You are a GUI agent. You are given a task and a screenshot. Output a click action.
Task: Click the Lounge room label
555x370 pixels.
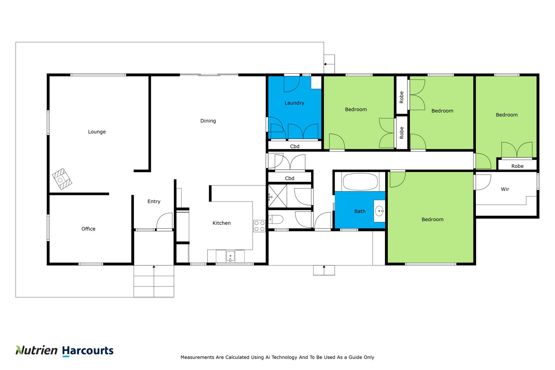coord(97,132)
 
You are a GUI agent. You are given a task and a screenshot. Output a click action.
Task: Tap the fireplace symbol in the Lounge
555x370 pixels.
coord(62,179)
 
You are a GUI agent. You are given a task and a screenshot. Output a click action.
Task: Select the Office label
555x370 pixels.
coord(88,229)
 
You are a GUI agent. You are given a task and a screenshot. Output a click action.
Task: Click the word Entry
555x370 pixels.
coord(154,201)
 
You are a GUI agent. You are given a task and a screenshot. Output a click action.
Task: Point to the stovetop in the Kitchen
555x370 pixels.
coord(259,226)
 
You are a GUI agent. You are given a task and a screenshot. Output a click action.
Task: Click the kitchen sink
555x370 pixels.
coord(230,256)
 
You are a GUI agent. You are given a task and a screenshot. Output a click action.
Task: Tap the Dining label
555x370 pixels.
coord(208,121)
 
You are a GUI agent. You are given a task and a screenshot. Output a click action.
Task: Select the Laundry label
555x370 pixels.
coord(294,103)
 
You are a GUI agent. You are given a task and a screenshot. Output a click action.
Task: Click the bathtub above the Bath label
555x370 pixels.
coord(360,182)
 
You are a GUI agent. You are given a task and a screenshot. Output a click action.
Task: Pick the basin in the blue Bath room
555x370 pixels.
coord(380,211)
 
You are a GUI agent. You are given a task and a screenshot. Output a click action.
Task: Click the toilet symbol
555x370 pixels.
coord(276,219)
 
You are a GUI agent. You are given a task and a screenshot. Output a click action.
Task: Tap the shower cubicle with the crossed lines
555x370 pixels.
coord(277,196)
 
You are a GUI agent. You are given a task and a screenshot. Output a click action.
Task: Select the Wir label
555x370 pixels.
coord(505,189)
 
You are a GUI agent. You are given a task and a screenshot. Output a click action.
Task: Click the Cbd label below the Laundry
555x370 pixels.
coord(295,147)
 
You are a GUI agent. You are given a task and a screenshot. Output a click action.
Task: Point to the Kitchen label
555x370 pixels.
coord(222,223)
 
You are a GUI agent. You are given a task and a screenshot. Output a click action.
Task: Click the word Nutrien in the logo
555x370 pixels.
coord(37,350)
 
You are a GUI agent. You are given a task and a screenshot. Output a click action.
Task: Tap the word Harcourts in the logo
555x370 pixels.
coord(88,351)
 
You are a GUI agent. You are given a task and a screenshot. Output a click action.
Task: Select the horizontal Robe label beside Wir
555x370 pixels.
coord(517,166)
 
